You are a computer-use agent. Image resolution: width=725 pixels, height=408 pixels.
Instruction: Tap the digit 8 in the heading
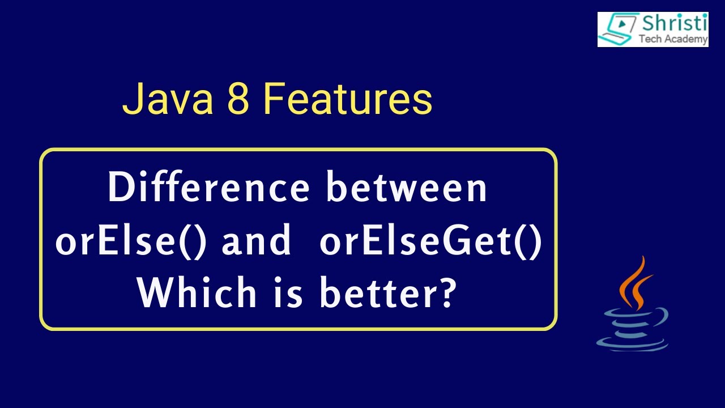point(238,100)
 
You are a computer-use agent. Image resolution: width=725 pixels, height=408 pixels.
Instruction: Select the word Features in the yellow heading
point(348,100)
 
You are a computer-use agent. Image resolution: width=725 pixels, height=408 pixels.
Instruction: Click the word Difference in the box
point(208,188)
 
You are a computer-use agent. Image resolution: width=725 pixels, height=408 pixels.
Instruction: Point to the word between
point(407,188)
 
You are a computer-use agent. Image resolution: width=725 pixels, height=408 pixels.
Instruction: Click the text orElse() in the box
point(134,242)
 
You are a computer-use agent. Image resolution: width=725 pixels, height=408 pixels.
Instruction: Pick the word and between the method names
point(256,242)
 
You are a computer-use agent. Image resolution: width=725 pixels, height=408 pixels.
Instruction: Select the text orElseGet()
point(430,242)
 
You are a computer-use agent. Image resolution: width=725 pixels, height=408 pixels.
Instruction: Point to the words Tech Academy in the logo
point(673,39)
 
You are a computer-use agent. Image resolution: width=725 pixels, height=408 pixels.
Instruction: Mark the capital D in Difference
point(120,188)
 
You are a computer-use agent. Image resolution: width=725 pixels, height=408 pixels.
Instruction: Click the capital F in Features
point(273,100)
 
